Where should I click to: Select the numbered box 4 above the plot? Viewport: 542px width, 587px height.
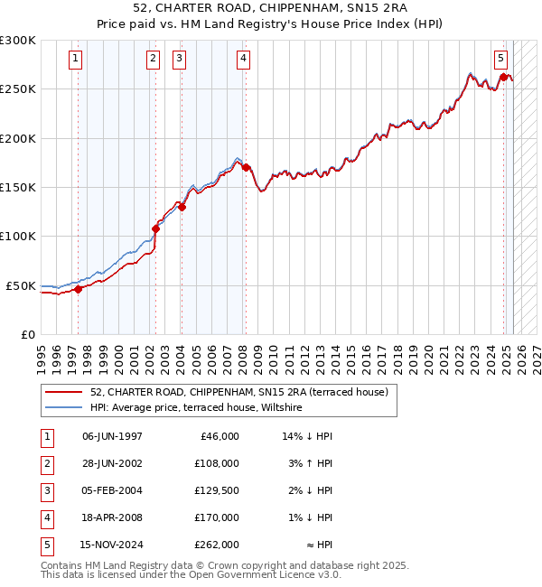coord(244,60)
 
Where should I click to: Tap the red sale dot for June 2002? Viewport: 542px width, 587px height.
coord(155,228)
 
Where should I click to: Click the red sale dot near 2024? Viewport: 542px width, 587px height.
coord(503,78)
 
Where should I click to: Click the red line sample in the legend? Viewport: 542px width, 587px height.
coord(64,393)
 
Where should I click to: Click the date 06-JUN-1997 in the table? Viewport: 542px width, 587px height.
coord(112,436)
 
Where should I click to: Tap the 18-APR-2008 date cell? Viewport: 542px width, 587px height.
coord(112,517)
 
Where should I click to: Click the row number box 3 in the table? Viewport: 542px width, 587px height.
coord(46,490)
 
